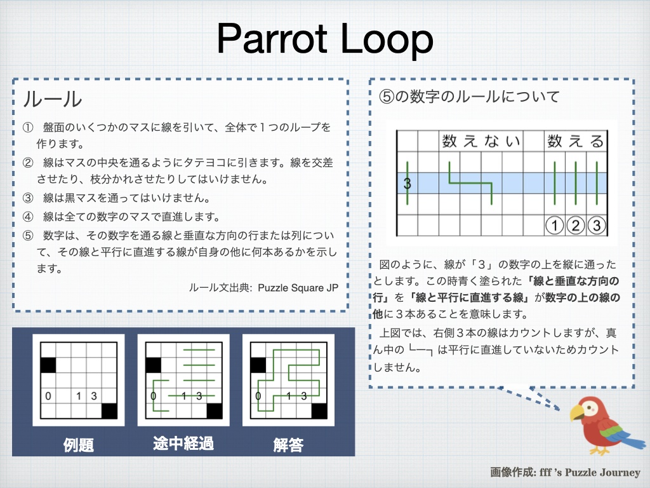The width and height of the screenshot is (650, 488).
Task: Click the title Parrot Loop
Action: (x=325, y=39)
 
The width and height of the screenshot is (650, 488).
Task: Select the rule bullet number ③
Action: (x=28, y=198)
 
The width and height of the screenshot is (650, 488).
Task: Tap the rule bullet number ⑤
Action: (x=28, y=236)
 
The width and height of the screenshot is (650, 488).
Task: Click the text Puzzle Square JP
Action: (x=298, y=288)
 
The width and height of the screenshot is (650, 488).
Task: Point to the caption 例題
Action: (x=78, y=445)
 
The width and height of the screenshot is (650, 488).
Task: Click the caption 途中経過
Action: (x=183, y=444)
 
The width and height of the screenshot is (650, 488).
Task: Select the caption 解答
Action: (x=289, y=445)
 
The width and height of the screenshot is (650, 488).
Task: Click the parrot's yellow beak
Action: (x=576, y=412)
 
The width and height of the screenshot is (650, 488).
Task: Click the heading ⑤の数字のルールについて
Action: (x=469, y=97)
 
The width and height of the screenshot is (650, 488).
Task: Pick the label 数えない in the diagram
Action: (x=481, y=141)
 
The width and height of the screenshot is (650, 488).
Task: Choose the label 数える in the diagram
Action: (x=575, y=141)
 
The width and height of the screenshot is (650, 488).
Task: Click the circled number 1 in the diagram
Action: (x=554, y=226)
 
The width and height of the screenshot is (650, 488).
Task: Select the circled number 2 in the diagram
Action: (x=575, y=226)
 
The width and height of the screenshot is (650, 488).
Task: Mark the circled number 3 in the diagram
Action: (x=597, y=226)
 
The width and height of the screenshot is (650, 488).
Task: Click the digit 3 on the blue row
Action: (x=407, y=183)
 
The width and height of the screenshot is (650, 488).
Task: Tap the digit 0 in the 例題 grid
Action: (x=48, y=396)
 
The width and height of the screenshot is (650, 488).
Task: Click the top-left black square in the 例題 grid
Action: (x=48, y=365)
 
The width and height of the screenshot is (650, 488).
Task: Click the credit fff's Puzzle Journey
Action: (x=590, y=472)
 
